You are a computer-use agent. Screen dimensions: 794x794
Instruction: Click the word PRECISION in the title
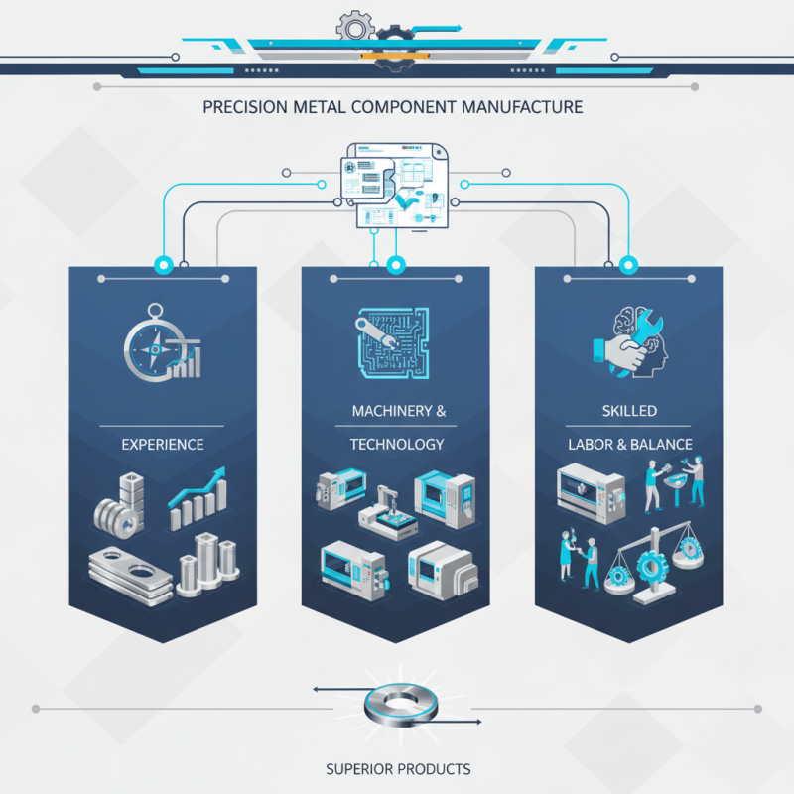coord(245,107)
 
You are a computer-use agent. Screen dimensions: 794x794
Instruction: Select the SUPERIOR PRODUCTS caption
coord(398,769)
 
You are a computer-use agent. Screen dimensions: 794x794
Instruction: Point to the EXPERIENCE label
coord(163,444)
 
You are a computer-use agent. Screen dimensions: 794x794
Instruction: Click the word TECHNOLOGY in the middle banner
coord(397,444)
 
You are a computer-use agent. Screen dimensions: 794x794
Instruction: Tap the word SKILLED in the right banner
coord(629,411)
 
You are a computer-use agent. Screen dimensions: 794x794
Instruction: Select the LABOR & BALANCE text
coord(630,444)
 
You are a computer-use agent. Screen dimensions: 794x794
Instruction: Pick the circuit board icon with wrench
coord(392,342)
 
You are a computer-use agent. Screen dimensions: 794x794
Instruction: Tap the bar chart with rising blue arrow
coord(198,499)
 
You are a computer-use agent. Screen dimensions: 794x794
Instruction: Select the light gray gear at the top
coord(355,28)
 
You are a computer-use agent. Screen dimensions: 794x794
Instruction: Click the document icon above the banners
coord(394,186)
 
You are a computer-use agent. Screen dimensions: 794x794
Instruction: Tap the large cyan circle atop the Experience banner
coord(164,264)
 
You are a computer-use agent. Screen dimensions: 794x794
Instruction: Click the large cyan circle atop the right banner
coord(628,264)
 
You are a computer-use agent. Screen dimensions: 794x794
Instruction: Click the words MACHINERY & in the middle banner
coord(399,411)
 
